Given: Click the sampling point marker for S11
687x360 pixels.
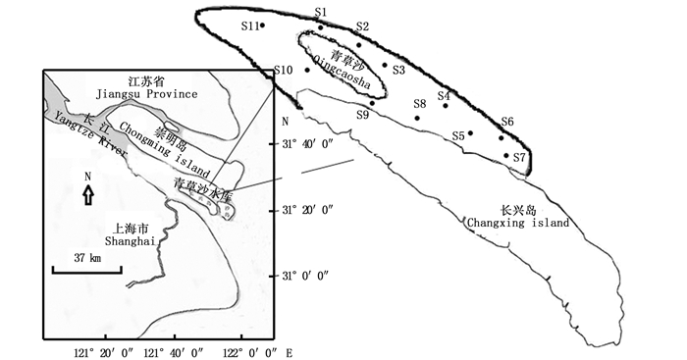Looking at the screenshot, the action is tap(262, 25).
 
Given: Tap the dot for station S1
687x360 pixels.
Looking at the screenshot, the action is tap(321, 27).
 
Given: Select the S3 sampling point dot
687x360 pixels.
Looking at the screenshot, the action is tap(385, 65).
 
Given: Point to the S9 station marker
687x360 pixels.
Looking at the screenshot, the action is tap(372, 103).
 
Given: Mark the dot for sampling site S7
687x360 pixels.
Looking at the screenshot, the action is tap(506, 155).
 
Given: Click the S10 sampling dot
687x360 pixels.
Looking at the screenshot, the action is tap(307, 70).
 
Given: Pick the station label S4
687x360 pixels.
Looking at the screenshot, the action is tap(444, 95).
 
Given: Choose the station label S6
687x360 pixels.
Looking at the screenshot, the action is tap(507, 122).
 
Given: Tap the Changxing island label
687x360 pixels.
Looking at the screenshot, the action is tap(518, 223).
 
